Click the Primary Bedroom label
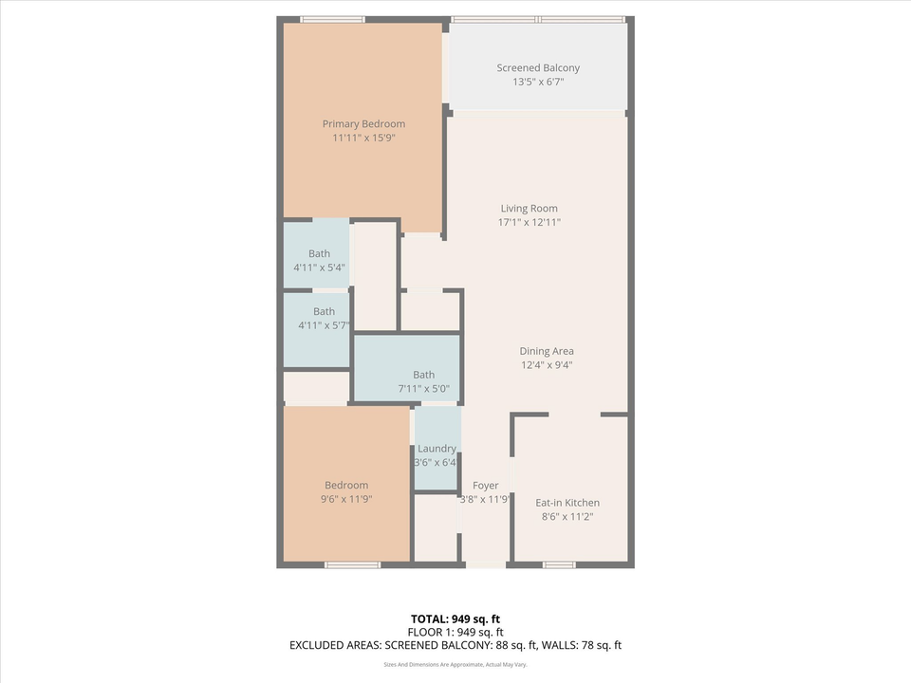pos(363,124)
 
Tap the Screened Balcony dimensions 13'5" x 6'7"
pos(538,83)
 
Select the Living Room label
pos(530,209)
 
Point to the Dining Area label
pos(546,351)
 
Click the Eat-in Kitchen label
pos(567,503)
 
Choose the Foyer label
pos(485,486)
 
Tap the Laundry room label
pos(437,449)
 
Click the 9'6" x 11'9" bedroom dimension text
pos(346,499)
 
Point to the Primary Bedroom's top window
pos(332,19)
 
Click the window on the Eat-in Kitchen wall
pos(559,565)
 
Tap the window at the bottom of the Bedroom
pos(352,565)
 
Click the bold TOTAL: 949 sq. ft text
pos(455,619)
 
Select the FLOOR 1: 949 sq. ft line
pos(455,633)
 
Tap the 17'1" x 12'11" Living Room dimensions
pos(530,223)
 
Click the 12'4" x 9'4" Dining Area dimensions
pos(546,365)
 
